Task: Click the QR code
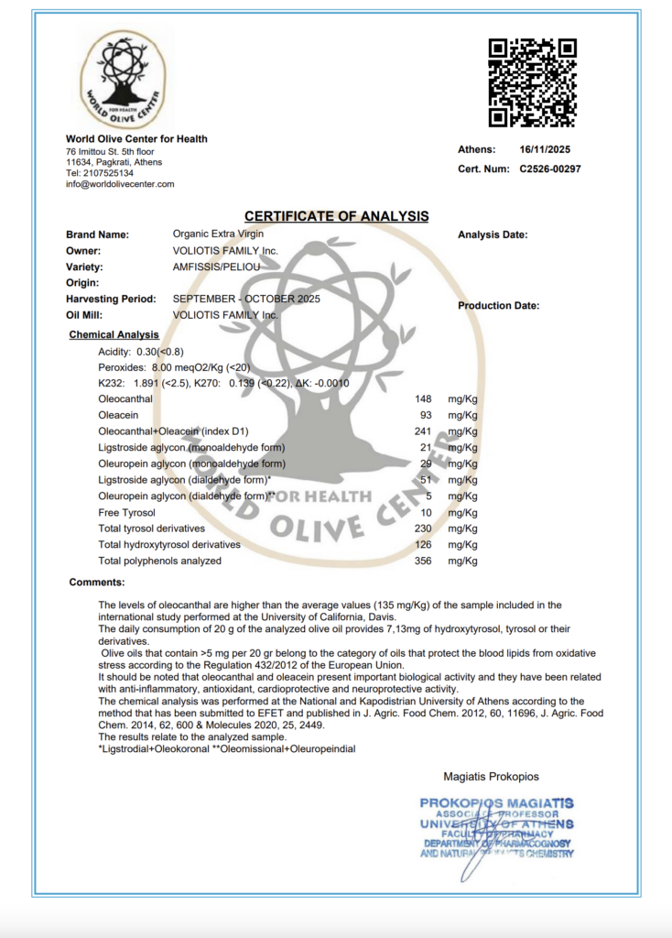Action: (532, 82)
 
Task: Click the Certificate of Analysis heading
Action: (336, 216)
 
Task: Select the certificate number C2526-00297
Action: (550, 169)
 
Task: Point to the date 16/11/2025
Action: (544, 149)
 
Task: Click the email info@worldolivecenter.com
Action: (120, 184)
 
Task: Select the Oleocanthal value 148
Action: (422, 399)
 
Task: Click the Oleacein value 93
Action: (425, 416)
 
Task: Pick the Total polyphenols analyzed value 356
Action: (422, 561)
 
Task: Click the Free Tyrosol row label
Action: (126, 512)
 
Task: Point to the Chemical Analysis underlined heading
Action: (114, 335)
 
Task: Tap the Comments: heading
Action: (97, 582)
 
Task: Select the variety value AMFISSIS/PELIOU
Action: (217, 267)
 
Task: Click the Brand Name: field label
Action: (97, 234)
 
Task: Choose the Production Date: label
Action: (498, 306)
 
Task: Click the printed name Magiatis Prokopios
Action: (491, 777)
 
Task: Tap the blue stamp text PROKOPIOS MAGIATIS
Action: (496, 803)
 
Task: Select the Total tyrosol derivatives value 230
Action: (422, 529)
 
